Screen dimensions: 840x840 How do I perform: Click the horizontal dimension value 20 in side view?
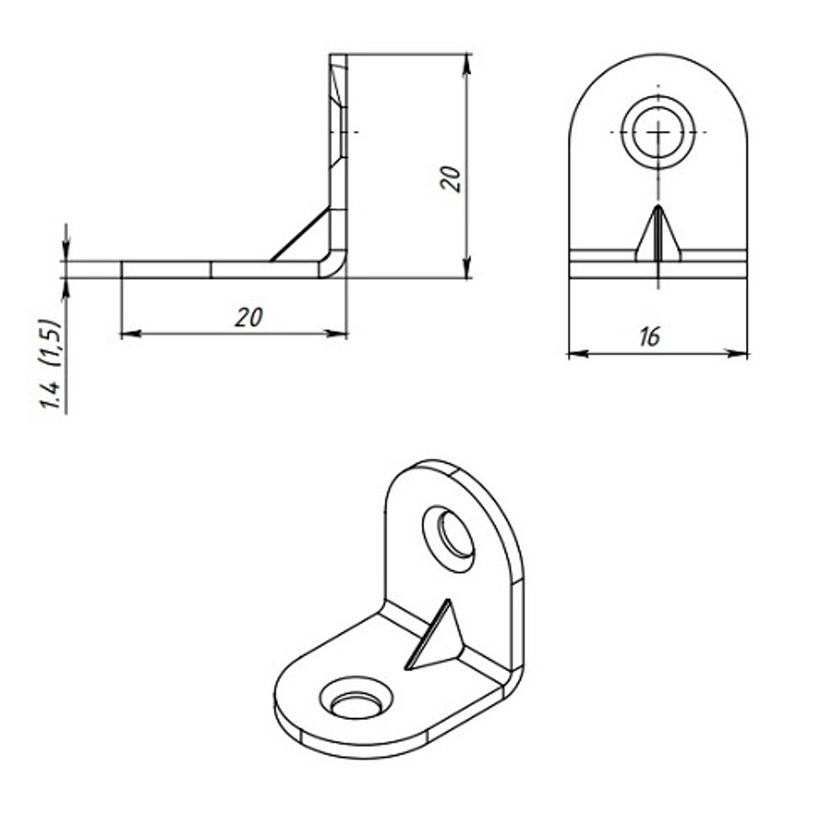pos(249,318)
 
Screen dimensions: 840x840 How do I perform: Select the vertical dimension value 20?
pos(451,178)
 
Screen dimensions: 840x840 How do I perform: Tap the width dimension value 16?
pos(648,337)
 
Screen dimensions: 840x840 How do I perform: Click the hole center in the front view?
pos(658,133)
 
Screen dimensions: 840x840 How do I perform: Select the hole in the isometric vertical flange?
pos(449,538)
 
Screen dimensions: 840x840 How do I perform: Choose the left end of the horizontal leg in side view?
pos(123,270)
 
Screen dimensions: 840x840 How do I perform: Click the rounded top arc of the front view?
pos(658,56)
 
